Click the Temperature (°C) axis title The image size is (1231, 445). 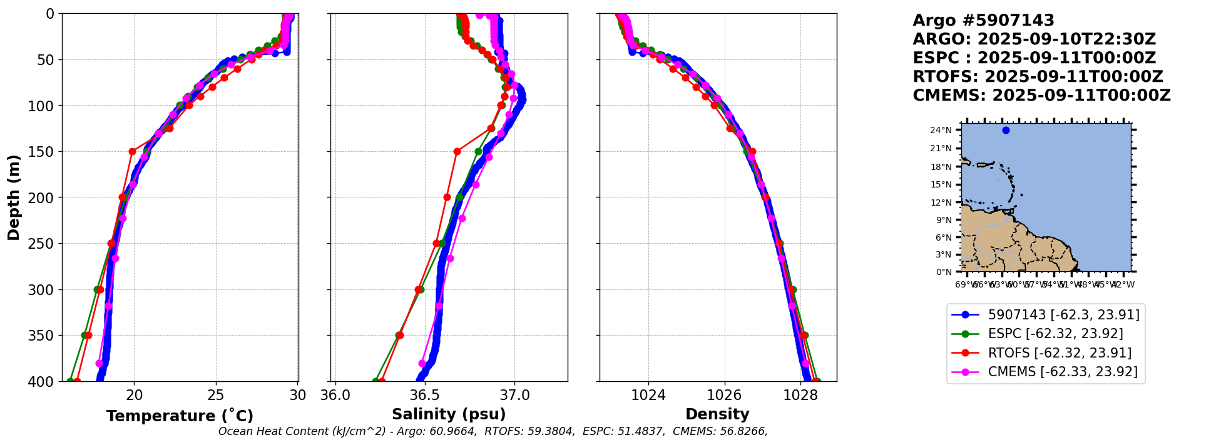(180, 416)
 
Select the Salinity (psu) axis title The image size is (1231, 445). (449, 414)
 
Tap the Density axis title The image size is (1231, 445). (717, 414)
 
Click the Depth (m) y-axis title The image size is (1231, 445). (14, 197)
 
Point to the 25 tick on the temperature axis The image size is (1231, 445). (216, 395)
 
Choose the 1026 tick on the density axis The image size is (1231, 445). (725, 395)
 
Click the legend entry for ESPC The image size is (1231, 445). (1055, 334)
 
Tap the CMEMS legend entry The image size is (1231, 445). (1063, 372)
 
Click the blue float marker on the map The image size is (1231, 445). (1006, 130)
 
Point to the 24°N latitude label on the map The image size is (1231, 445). (941, 130)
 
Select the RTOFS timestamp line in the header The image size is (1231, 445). (1038, 77)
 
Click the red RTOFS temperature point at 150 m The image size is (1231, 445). (132, 151)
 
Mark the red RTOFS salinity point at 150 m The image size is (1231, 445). (457, 151)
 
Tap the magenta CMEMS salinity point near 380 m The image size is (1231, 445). (422, 363)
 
